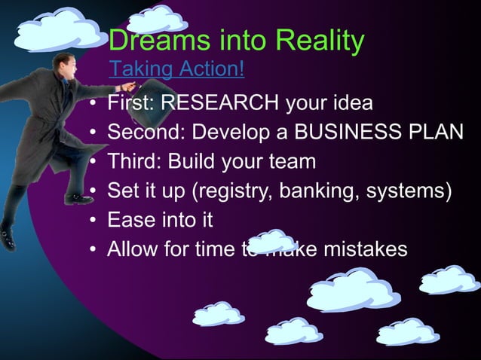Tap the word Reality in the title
(x=318, y=41)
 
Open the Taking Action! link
(x=176, y=70)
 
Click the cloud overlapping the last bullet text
(x=272, y=242)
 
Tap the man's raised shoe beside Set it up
(x=77, y=198)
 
